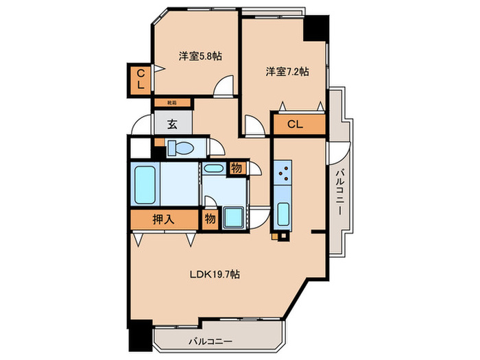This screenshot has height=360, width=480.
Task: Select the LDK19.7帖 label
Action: pyautogui.click(x=215, y=274)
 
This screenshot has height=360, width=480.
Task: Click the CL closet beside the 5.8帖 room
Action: pyautogui.click(x=140, y=80)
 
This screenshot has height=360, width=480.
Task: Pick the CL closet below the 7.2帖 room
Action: pyautogui.click(x=296, y=124)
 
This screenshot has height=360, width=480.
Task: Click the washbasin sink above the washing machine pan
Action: pyautogui.click(x=214, y=169)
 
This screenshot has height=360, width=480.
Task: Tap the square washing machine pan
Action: pyautogui.click(x=232, y=218)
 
